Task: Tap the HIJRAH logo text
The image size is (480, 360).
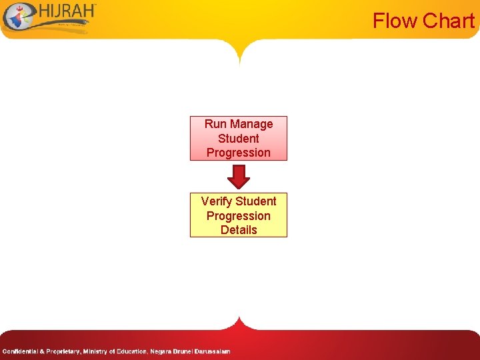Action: coord(67,11)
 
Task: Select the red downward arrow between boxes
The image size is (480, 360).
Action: coord(239,176)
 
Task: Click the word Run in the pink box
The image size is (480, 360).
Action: coord(215,124)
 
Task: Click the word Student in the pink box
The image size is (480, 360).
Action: coord(239,139)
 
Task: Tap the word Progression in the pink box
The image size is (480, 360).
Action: coord(239,153)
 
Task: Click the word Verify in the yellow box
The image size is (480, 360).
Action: coord(217,201)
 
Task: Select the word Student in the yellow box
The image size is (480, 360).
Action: coord(257,201)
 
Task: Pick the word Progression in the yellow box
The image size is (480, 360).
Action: coord(239,216)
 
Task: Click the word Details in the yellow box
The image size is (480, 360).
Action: coord(239,230)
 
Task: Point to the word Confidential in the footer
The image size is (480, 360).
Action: coord(20,351)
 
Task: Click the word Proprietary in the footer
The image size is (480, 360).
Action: coord(62,351)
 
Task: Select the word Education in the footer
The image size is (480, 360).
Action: coord(131,351)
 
